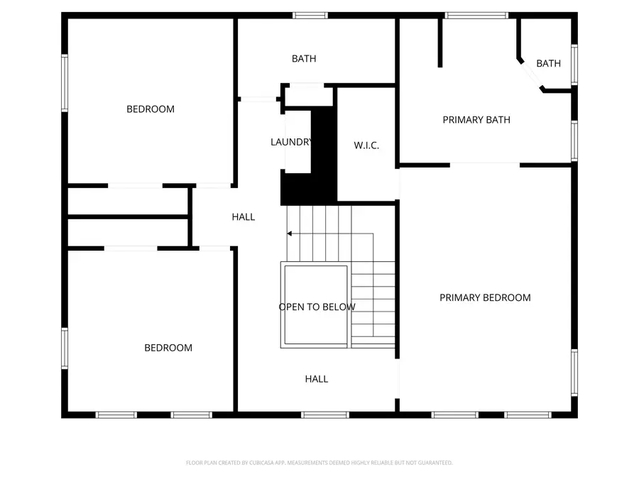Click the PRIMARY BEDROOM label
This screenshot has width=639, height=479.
(x=485, y=298)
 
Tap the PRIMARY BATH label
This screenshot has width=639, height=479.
(x=476, y=120)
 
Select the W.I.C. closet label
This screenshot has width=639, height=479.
(x=366, y=145)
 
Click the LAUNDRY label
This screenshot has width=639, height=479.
(x=291, y=142)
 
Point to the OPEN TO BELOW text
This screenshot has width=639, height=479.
(x=317, y=307)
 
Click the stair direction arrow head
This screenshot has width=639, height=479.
(x=289, y=233)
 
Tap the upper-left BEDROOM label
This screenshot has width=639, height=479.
(x=151, y=109)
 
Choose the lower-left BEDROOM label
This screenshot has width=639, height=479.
(x=168, y=348)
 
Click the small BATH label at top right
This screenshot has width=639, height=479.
(x=548, y=64)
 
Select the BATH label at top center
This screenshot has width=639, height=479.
(x=304, y=59)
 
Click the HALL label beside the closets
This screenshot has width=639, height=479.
(x=244, y=217)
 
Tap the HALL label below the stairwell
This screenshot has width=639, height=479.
(x=317, y=379)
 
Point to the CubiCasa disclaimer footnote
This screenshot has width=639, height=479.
(x=319, y=463)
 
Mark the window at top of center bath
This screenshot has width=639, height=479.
(x=310, y=16)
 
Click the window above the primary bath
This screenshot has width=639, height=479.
(x=476, y=15)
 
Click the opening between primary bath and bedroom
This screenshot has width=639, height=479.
(x=485, y=165)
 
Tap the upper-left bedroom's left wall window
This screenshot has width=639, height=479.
(x=65, y=84)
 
